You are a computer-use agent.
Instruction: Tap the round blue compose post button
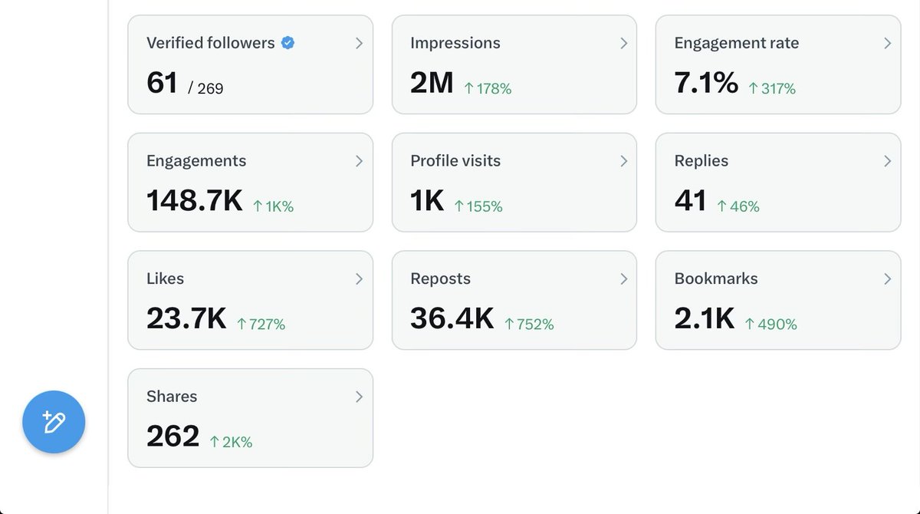[54, 422]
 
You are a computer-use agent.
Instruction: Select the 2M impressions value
[432, 83]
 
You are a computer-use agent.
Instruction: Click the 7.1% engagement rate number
[705, 83]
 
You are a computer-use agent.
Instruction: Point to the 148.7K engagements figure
[194, 201]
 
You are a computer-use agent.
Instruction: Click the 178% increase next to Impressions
[488, 89]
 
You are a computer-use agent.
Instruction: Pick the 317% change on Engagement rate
[772, 89]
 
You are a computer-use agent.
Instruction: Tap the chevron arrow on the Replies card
[887, 161]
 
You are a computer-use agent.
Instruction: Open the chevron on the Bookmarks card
[887, 279]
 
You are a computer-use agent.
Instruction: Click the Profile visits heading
[455, 161]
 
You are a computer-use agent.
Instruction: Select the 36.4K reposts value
[452, 318]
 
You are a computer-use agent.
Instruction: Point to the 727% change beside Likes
[261, 325]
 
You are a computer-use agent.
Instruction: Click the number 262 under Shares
[172, 437]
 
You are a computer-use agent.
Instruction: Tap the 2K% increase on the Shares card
[231, 442]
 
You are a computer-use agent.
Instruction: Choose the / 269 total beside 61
[205, 89]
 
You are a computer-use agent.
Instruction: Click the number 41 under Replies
[690, 201]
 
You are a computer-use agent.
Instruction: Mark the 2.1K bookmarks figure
[704, 318]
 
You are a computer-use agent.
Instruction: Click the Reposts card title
[440, 279]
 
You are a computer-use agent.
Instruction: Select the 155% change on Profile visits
[478, 206]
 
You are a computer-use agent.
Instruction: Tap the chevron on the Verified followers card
[359, 44]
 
